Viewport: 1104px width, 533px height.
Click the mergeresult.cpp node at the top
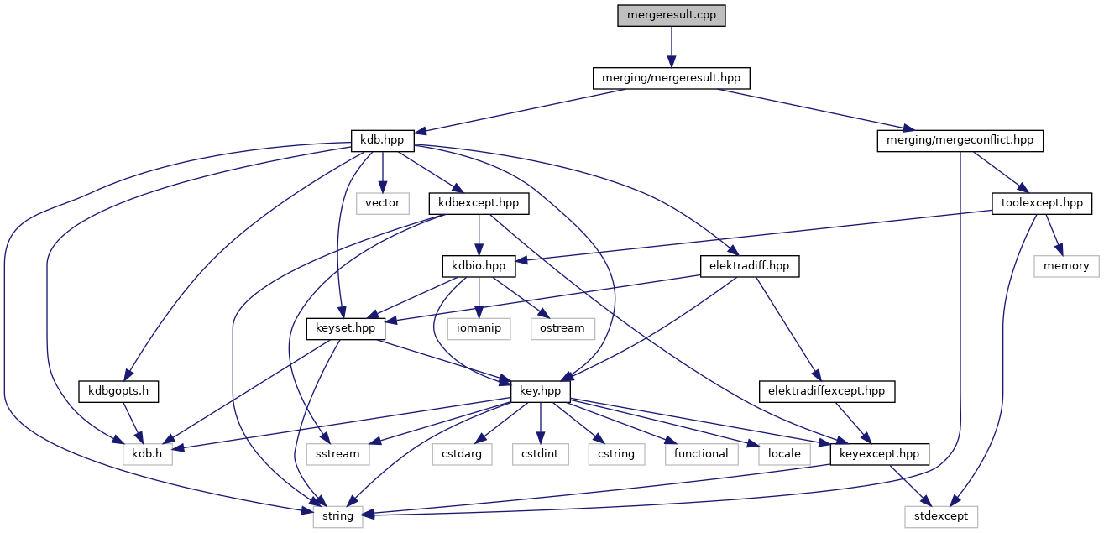671,15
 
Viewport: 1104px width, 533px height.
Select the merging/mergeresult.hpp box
671,78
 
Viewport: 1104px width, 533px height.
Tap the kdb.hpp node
383,140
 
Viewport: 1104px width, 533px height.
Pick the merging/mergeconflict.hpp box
960,140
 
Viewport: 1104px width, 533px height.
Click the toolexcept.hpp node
1042,203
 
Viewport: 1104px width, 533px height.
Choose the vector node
383,203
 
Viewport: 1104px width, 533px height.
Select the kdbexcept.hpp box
479,203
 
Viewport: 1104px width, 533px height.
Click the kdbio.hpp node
479,266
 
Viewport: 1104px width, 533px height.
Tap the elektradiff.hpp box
750,266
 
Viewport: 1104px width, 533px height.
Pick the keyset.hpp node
346,328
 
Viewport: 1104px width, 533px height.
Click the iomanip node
479,328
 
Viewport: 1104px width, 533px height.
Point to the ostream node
562,328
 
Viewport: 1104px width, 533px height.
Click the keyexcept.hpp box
880,454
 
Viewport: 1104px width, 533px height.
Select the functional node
701,454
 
